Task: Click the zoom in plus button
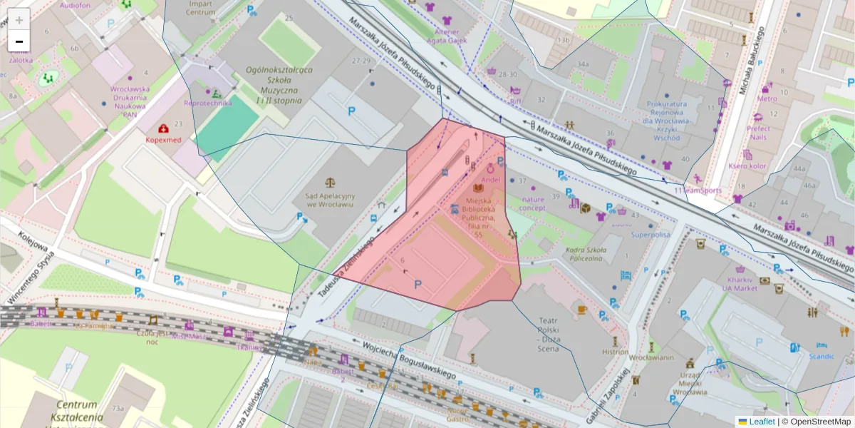point(19,19)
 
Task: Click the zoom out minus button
point(19,41)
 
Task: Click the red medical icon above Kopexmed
point(164,129)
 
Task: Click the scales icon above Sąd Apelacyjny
point(331,183)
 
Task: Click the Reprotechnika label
point(208,103)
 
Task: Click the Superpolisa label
point(651,234)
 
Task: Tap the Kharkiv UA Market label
point(743,283)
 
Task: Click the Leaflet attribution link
point(761,422)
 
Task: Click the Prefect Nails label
point(758,133)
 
